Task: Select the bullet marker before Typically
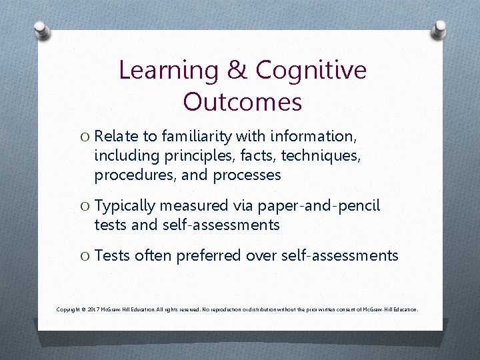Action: (x=84, y=207)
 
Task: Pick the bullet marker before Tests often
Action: (x=84, y=256)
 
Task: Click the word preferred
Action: (x=213, y=256)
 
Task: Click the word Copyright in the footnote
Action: (x=71, y=310)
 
